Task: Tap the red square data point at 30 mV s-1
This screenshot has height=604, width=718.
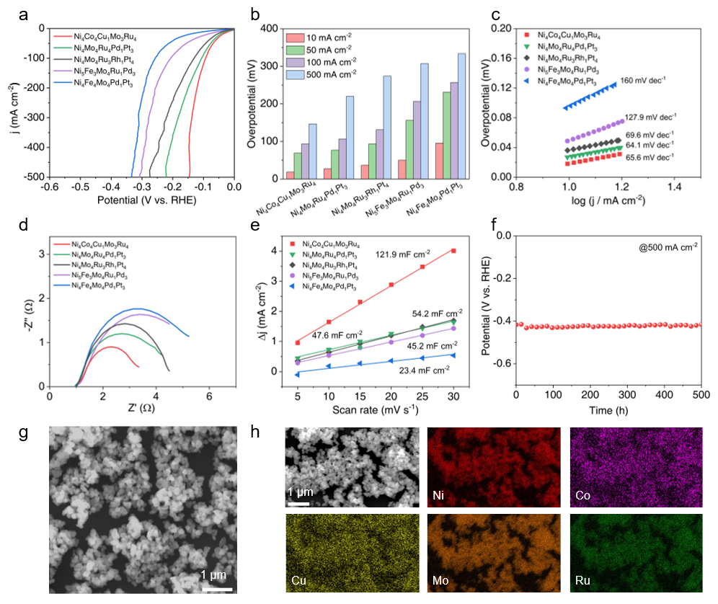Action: [x=453, y=251]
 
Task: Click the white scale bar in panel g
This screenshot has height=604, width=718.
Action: [x=215, y=569]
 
